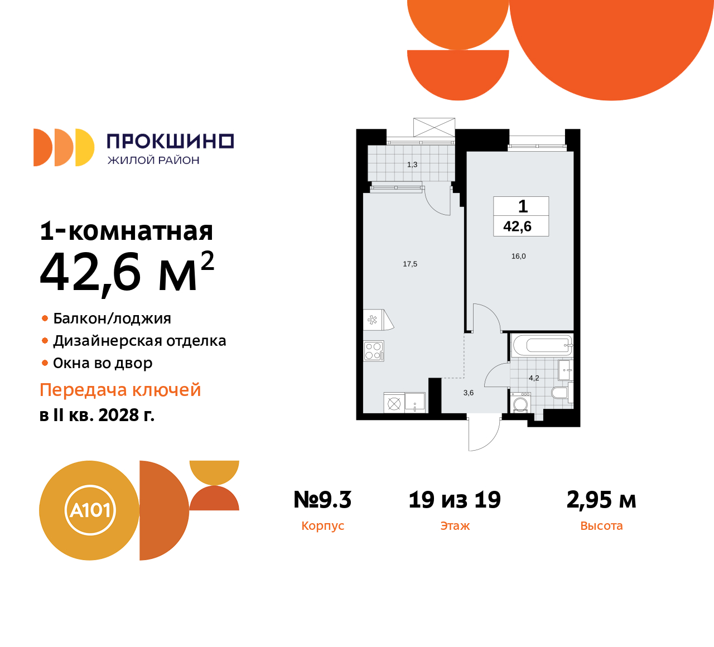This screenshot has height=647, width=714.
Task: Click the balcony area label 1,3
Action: (412, 165)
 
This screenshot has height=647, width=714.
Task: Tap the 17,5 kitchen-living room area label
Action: (410, 264)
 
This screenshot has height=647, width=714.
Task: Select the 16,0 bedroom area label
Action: (518, 256)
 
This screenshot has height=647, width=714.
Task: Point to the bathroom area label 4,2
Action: (534, 378)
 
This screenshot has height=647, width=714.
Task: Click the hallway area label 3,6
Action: (469, 393)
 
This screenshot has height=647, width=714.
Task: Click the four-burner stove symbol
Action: (373, 351)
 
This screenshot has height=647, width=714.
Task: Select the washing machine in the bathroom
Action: (520, 403)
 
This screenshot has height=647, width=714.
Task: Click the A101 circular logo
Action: (90, 510)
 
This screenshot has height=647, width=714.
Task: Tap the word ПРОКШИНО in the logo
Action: (170, 141)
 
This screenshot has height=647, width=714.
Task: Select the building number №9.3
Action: (322, 500)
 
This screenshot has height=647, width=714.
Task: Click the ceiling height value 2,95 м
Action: (601, 500)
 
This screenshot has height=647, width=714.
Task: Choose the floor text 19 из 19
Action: (455, 500)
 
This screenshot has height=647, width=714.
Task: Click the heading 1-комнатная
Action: (127, 231)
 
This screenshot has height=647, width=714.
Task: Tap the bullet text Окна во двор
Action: (103, 363)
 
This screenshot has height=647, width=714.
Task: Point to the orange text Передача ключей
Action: (120, 390)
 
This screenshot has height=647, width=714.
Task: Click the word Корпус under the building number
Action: (322, 526)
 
